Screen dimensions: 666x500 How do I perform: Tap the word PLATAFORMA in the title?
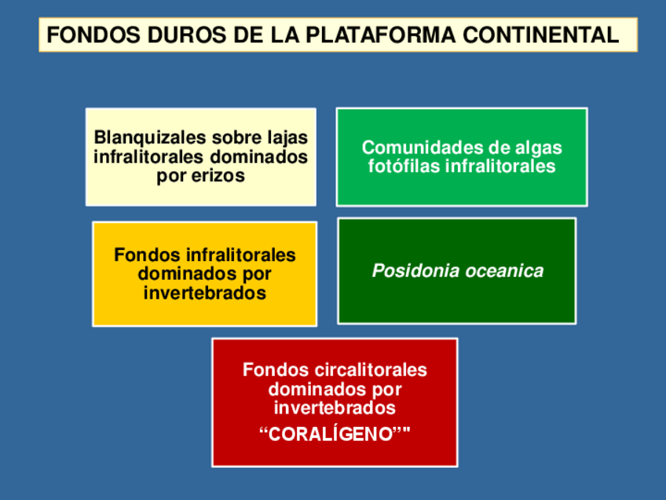point(380,35)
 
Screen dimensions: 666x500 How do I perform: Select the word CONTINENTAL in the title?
point(541,35)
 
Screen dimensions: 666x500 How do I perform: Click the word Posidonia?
point(415,271)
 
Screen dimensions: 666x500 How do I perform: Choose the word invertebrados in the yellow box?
point(204,294)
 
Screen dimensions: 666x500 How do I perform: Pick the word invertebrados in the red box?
point(335,409)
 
